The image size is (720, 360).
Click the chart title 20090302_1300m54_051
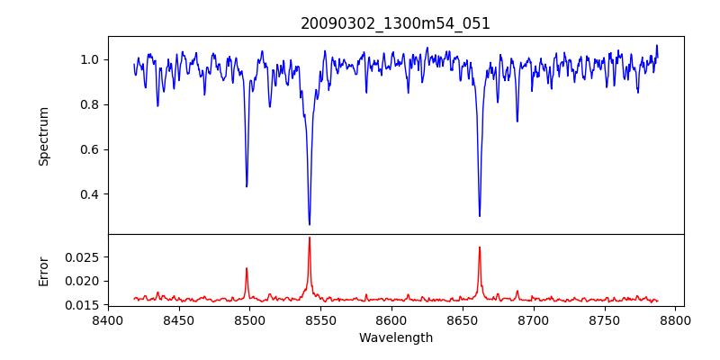pyautogui.click(x=395, y=23)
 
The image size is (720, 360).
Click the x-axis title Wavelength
pyautogui.click(x=395, y=338)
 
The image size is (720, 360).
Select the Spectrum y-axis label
pyautogui.click(x=43, y=136)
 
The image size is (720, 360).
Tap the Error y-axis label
pyautogui.click(x=43, y=271)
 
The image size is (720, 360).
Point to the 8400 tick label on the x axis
pyautogui.click(x=108, y=320)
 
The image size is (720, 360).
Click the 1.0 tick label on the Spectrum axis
pyautogui.click(x=90, y=59)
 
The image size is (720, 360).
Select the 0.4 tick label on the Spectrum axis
pyautogui.click(x=90, y=194)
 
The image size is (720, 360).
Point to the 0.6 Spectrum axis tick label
pyautogui.click(x=90, y=149)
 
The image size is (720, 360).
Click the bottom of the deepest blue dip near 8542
pyautogui.click(x=310, y=224)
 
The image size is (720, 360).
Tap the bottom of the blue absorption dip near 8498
pyautogui.click(x=247, y=186)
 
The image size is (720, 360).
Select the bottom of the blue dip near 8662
pyautogui.click(x=480, y=216)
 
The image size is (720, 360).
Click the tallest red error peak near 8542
pyautogui.click(x=310, y=238)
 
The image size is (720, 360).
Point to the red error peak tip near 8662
pyautogui.click(x=480, y=247)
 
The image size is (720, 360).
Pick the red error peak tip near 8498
pyautogui.click(x=247, y=268)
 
